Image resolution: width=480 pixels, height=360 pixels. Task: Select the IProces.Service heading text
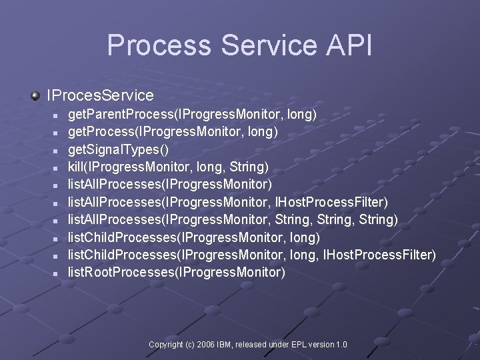click(100, 96)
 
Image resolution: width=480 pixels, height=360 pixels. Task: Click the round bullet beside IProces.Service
click(35, 97)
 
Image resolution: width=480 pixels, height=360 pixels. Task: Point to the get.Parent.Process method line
click(192, 115)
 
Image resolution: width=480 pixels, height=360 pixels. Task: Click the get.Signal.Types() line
click(119, 149)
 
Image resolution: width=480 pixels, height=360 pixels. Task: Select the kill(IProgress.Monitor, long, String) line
click(168, 167)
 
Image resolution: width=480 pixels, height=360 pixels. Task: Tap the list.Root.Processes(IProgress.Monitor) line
click(177, 272)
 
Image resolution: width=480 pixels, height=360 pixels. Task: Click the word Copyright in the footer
click(166, 345)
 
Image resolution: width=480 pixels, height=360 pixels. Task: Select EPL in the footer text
click(295, 345)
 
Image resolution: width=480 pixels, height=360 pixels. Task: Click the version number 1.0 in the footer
click(341, 345)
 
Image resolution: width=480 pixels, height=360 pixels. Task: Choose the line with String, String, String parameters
click(233, 219)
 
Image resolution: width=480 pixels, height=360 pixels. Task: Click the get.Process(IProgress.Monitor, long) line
click(173, 132)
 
